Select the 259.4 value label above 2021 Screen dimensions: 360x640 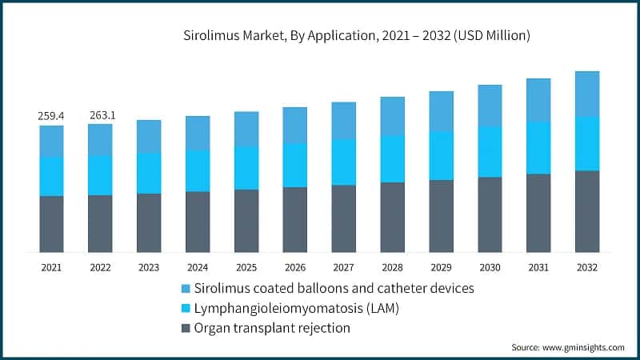pos(52,116)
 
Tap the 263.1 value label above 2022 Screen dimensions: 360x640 pos(101,115)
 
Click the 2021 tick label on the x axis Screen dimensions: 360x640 pos(52,267)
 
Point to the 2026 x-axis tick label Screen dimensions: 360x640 pos(295,267)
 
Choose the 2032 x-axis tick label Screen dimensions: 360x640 pos(587,267)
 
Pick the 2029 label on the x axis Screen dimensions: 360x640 pos(441,267)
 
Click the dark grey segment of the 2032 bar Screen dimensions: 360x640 pos(587,211)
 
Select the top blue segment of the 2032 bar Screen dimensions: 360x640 pos(587,94)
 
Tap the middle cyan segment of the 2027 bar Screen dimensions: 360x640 pos(344,162)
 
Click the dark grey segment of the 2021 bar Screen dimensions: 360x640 pos(52,224)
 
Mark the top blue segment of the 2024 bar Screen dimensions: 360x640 pos(198,132)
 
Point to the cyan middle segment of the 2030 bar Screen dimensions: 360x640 pos(490,151)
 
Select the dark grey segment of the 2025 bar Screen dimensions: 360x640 pos(246,221)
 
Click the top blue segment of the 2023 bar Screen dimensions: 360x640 pos(149,136)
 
